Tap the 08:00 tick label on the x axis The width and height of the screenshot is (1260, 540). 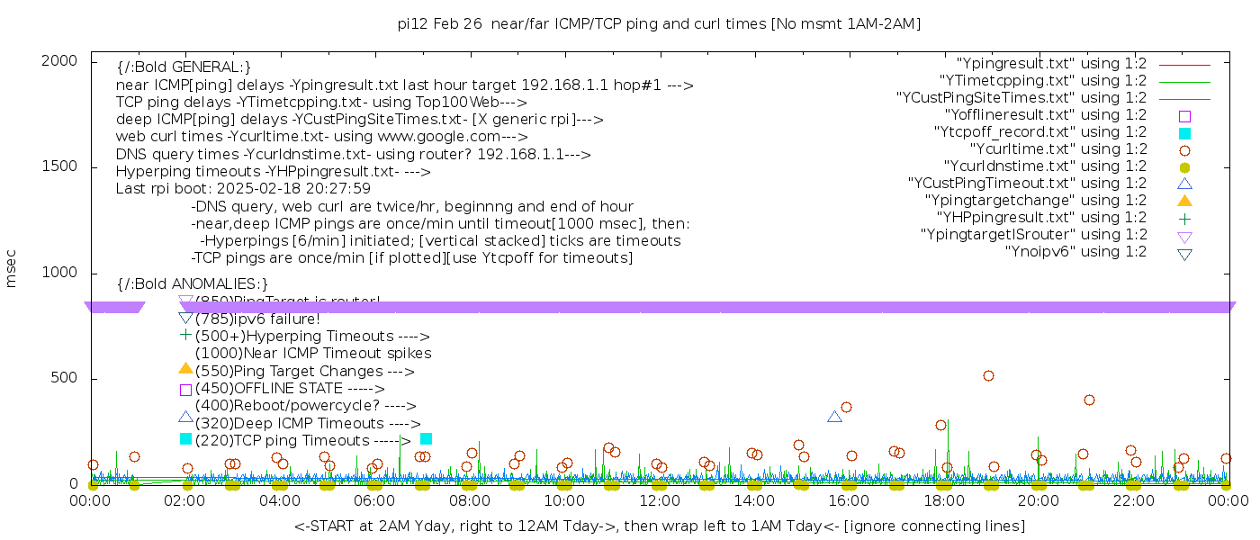click(469, 500)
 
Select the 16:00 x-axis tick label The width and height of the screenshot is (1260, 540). click(849, 500)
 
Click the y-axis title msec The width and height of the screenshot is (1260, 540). click(12, 272)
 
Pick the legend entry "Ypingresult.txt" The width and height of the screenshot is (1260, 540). click(1051, 64)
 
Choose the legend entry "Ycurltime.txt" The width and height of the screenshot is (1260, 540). click(1057, 149)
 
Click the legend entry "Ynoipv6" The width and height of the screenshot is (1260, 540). click(1075, 252)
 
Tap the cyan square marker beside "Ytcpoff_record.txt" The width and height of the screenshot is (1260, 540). click(1184, 133)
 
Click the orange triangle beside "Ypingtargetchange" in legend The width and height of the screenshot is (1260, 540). click(1184, 200)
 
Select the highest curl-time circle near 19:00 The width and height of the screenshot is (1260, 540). click(988, 376)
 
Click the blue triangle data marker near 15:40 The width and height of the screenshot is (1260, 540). click(834, 417)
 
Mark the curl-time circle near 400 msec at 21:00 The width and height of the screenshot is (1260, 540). click(1089, 400)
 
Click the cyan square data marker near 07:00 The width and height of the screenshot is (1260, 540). click(427, 438)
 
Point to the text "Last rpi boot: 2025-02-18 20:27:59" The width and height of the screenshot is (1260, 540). click(243, 189)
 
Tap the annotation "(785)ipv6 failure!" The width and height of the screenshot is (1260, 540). click(257, 319)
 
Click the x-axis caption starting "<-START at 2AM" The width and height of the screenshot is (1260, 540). click(660, 526)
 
